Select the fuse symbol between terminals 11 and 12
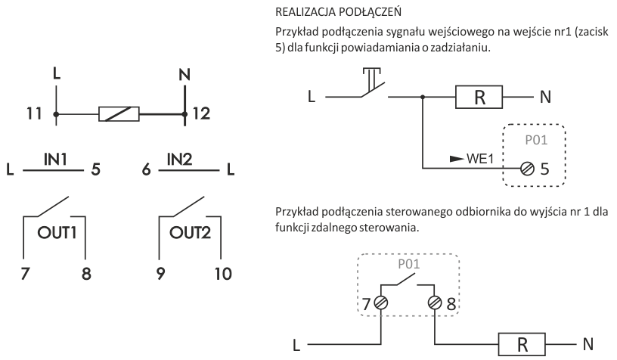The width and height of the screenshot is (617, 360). [x=119, y=116]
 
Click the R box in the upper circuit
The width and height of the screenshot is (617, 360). [x=477, y=97]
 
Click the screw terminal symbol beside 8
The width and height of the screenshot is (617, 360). [x=436, y=303]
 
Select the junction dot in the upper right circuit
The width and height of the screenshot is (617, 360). [x=423, y=97]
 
